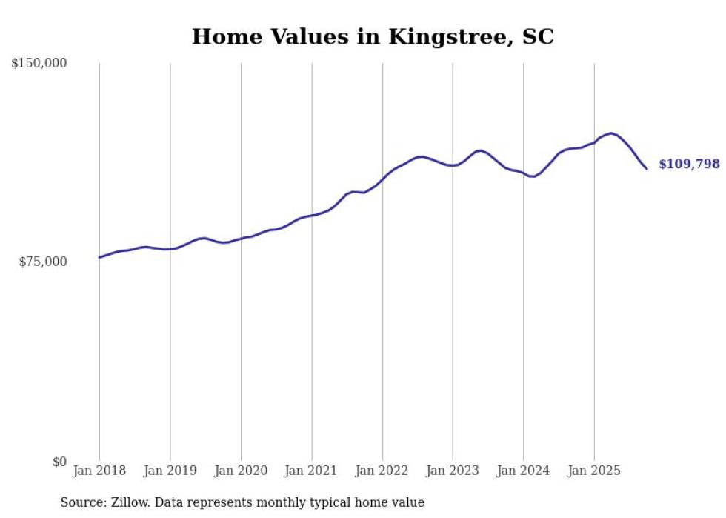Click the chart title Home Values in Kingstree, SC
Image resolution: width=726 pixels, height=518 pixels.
click(373, 36)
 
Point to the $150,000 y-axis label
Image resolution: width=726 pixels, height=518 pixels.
click(39, 64)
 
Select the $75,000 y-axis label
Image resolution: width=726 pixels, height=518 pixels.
click(43, 262)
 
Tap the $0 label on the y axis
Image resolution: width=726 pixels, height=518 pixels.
click(59, 462)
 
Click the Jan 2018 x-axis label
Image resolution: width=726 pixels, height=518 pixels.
click(99, 471)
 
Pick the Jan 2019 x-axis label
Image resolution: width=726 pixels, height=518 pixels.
click(170, 471)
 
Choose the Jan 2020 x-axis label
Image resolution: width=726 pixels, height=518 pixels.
click(241, 471)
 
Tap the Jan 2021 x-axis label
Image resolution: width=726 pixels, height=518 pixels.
click(311, 471)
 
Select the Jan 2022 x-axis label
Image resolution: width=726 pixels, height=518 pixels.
click(382, 471)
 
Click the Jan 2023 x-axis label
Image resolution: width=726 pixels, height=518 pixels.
click(453, 471)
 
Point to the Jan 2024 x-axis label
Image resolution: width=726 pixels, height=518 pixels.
click(523, 471)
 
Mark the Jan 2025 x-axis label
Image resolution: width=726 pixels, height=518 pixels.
click(593, 471)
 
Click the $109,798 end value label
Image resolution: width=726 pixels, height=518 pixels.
click(689, 164)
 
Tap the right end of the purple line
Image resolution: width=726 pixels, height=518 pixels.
click(647, 169)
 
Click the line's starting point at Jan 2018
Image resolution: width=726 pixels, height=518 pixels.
click(99, 258)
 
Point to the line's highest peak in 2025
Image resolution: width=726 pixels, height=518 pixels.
click(610, 133)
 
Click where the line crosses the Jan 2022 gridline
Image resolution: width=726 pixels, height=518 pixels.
click(382, 177)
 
